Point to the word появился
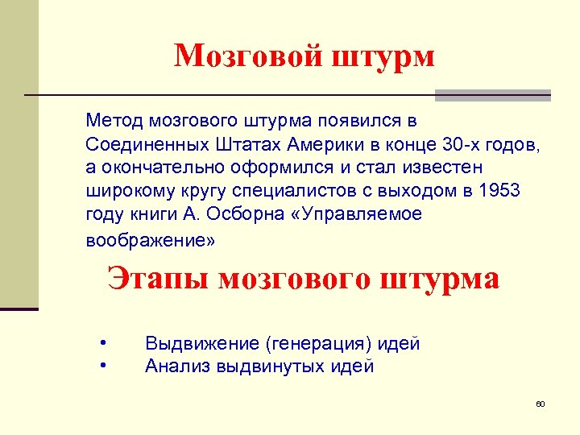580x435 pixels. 357,121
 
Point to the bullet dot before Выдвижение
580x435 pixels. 103,344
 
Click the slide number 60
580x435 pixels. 541,404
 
